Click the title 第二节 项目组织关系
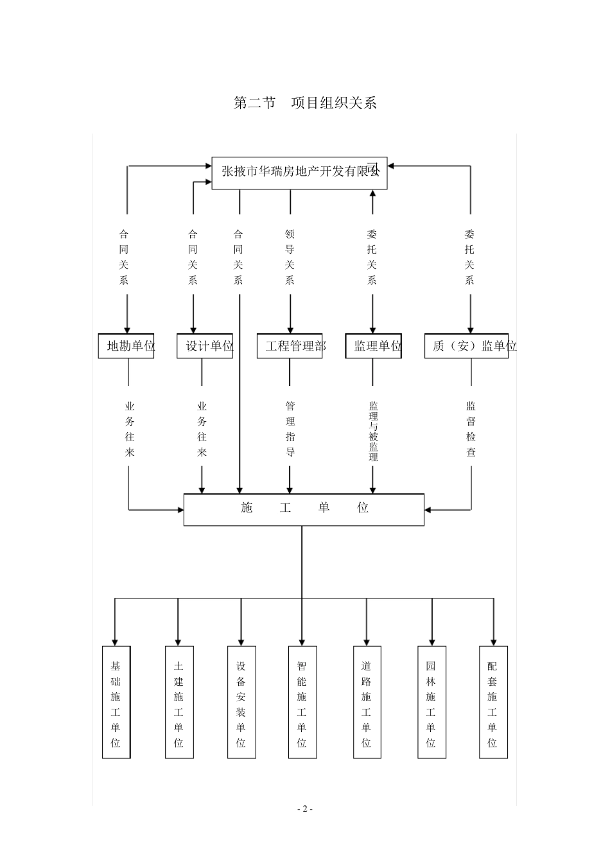tap(305, 103)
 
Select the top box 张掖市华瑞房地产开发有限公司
tap(299, 172)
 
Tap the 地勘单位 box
tap(126, 346)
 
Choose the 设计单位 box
tap(205, 346)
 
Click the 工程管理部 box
tap(290, 346)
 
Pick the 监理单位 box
tap(373, 346)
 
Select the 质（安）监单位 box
tap(467, 346)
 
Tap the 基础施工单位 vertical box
tap(116, 702)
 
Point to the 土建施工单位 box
tap(179, 702)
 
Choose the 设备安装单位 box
tap(241, 702)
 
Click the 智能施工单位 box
tap(302, 702)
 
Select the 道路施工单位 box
tap(367, 702)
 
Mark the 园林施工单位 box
tap(431, 702)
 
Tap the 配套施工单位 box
tap(493, 702)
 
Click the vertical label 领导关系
tap(290, 257)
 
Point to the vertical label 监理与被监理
tap(373, 431)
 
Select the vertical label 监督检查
tap(471, 429)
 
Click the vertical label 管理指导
tap(290, 429)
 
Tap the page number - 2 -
tap(305, 808)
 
